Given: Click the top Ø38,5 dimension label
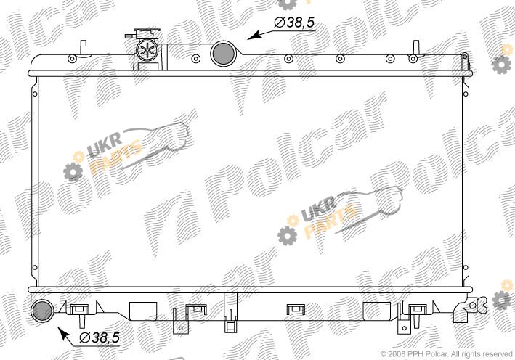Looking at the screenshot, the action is coord(294,22).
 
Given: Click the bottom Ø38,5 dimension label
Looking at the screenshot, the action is coord(100,337).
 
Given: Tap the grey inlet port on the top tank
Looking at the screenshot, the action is coord(223,53).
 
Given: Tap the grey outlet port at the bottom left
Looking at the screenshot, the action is coord(43,311).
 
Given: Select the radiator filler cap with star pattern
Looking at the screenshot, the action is coord(147,50).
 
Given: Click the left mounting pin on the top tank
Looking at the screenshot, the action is coord(83,48).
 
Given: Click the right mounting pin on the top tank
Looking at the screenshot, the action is coord(416,48).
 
